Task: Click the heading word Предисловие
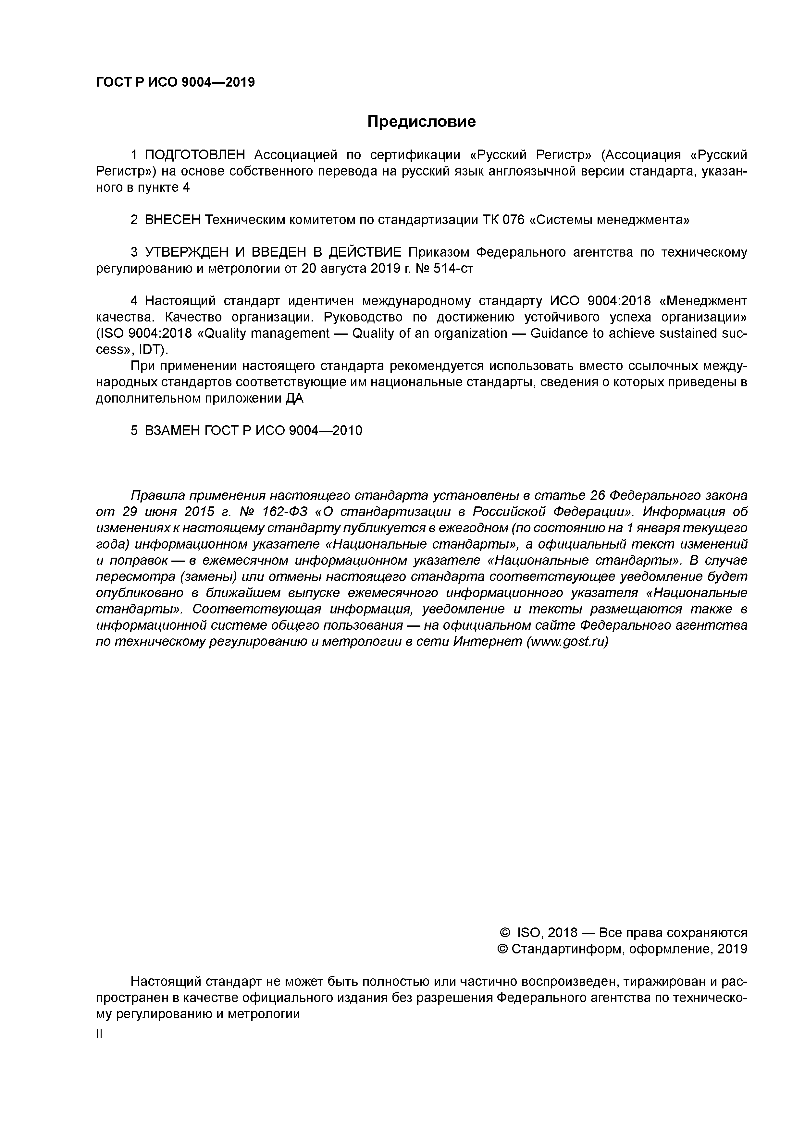coord(421,121)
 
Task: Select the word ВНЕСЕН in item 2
coord(173,220)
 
